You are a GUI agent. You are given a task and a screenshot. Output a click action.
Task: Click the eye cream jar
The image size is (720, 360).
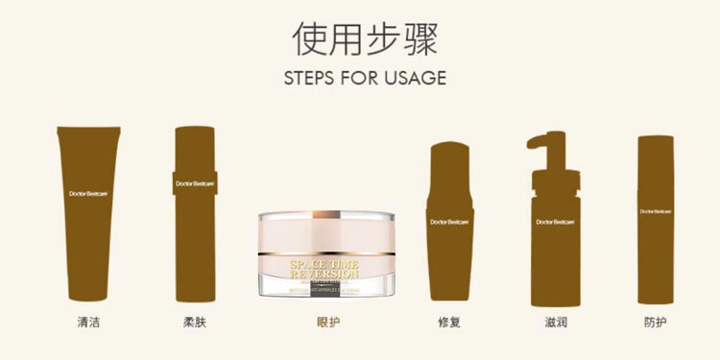[x=327, y=253]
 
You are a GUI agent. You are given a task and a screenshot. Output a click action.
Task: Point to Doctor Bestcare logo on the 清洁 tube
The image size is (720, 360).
[x=88, y=194]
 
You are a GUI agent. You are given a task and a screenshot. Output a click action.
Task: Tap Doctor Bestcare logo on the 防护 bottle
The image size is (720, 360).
[x=656, y=211]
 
